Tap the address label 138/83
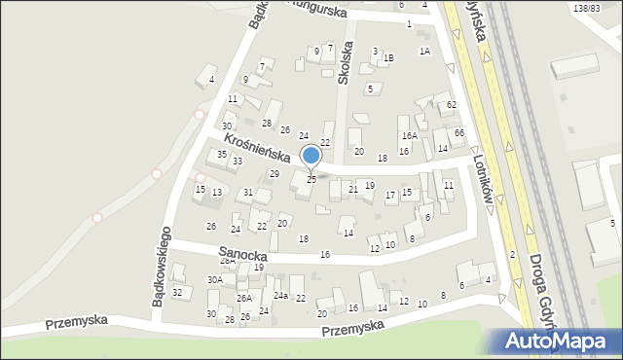[x=587, y=8]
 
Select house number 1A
[x=424, y=51]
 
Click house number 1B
[x=388, y=58]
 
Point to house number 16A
[x=409, y=136]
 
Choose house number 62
[x=452, y=104]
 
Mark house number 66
[x=458, y=132]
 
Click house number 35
[x=222, y=155]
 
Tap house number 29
[x=275, y=173]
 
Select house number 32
[x=177, y=292]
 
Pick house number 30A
[x=214, y=279]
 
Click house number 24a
[x=280, y=295]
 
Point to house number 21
[x=352, y=189]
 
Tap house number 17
[x=390, y=196]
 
